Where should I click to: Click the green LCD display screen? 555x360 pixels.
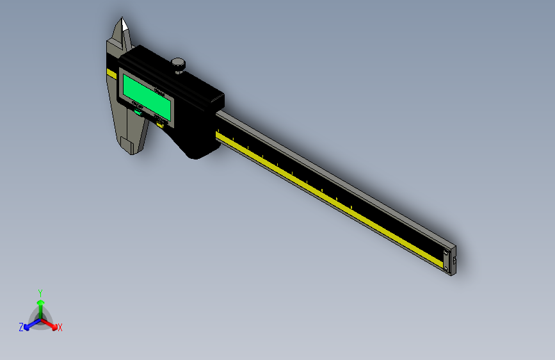click(147, 96)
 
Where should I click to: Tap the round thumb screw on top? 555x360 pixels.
click(178, 63)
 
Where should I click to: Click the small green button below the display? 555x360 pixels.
click(138, 113)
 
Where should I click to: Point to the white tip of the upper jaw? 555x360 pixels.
click(124, 25)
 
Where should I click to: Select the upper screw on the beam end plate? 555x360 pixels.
click(447, 254)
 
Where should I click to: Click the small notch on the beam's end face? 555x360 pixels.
click(454, 261)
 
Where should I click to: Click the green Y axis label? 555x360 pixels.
click(40, 291)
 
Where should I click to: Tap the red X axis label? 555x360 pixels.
click(60, 327)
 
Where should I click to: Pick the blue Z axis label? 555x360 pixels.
click(21, 327)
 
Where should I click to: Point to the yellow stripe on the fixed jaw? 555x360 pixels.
click(111, 74)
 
